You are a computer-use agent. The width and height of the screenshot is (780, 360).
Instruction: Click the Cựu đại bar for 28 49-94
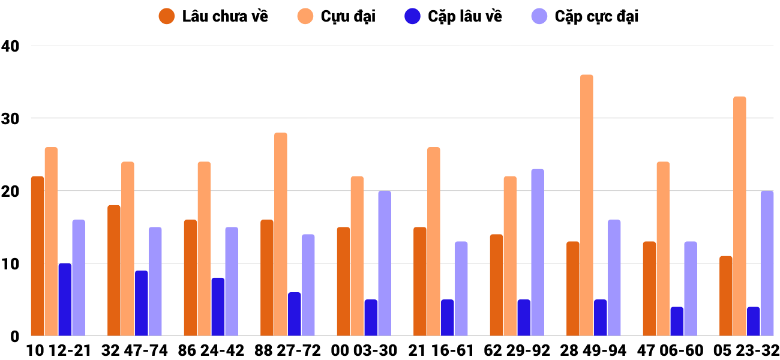[586, 205]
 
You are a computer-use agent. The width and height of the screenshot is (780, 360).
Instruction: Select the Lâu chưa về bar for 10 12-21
[37, 256]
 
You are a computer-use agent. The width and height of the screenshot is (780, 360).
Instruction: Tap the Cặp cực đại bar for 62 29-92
[538, 252]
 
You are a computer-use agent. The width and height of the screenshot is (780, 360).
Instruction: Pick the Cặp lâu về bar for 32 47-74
[142, 303]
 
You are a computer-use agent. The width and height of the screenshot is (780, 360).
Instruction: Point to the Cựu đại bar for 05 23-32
[739, 216]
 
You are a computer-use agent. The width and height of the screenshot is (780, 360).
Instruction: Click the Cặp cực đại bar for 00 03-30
[385, 263]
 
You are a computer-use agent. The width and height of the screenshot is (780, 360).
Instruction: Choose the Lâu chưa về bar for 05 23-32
[726, 296]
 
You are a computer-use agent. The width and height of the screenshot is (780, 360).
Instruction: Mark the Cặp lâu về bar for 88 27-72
[294, 314]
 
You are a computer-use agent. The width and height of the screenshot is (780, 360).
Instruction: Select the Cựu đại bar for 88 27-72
[281, 234]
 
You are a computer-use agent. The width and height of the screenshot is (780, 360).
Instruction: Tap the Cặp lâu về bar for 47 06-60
[677, 321]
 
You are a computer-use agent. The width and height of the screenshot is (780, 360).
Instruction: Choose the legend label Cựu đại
[348, 16]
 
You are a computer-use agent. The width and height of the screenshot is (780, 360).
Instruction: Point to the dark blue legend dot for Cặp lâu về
[413, 16]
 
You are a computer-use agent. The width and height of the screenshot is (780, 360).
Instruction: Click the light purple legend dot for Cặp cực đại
[540, 16]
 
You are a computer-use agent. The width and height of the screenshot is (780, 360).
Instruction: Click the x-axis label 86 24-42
[211, 350]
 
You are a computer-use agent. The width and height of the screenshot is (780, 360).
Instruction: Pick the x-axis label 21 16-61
[440, 350]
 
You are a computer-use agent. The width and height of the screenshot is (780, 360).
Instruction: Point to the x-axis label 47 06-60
[670, 350]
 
